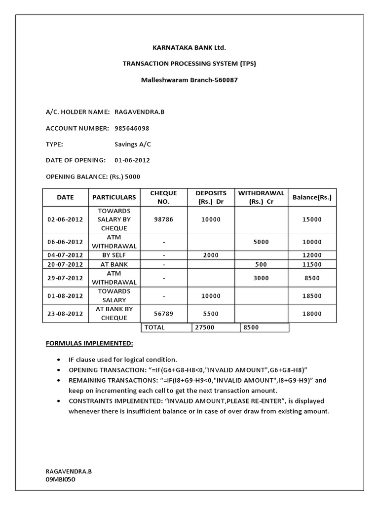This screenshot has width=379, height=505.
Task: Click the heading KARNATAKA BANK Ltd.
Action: pyautogui.click(x=189, y=48)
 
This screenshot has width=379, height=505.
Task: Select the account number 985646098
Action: pyautogui.click(x=132, y=128)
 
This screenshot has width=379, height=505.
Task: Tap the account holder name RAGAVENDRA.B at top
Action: pyautogui.click(x=139, y=112)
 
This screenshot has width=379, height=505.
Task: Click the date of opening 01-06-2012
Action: pyautogui.click(x=132, y=160)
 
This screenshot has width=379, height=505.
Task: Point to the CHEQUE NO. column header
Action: pyautogui.click(x=163, y=197)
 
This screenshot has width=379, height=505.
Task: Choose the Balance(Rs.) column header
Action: pyautogui.click(x=312, y=197)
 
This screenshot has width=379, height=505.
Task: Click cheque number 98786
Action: pyautogui.click(x=163, y=219)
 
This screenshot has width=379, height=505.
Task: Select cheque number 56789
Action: pyautogui.click(x=163, y=314)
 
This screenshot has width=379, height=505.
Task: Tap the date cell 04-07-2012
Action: pyautogui.click(x=65, y=255)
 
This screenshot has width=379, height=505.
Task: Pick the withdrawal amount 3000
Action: pyautogui.click(x=261, y=278)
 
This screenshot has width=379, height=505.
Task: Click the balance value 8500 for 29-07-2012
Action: pyautogui.click(x=312, y=278)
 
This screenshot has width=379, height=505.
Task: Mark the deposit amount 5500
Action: pyautogui.click(x=211, y=314)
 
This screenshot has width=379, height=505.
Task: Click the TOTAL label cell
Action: pyautogui.click(x=155, y=327)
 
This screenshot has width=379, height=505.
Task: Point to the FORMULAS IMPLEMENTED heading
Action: pyautogui.click(x=89, y=343)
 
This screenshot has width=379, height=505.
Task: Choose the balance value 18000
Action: pyautogui.click(x=312, y=314)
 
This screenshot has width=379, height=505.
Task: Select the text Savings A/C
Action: pyautogui.click(x=133, y=144)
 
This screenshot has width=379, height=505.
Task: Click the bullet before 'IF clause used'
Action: pyautogui.click(x=60, y=360)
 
